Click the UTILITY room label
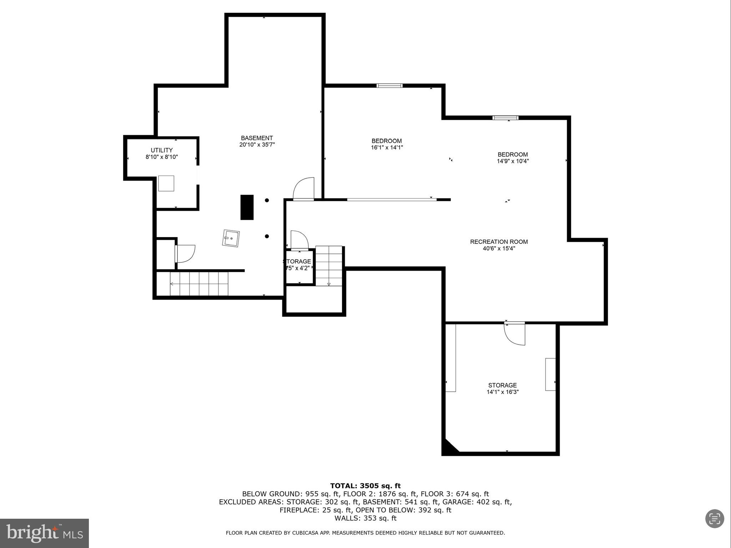[162, 150]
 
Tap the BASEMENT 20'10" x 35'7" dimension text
[257, 145]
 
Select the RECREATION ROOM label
[499, 242]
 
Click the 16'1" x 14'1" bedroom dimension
[387, 147]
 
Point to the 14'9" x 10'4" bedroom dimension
[513, 161]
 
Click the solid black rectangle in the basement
[247, 207]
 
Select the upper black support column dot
[267, 200]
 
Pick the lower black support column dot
[267, 236]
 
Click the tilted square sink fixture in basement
[231, 238]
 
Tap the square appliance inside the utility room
[166, 183]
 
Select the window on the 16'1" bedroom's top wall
[389, 85]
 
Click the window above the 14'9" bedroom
[505, 117]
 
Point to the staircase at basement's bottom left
[198, 284]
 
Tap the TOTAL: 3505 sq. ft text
[365, 486]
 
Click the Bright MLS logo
[44, 533]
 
